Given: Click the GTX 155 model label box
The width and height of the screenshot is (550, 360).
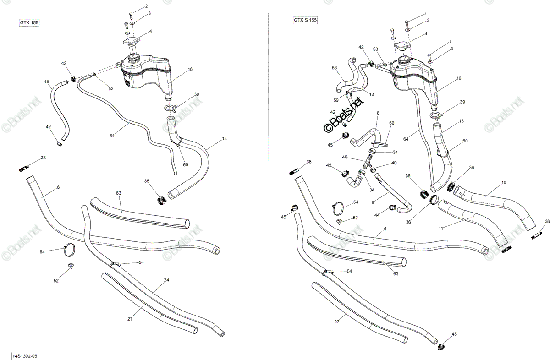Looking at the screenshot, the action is point(29,23).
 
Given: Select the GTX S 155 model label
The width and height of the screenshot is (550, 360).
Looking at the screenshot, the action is point(305,20).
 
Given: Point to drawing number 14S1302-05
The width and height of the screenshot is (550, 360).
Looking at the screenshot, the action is point(25,356).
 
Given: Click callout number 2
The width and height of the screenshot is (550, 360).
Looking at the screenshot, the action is point(146,6).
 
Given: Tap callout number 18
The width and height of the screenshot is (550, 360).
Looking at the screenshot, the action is point(46,82).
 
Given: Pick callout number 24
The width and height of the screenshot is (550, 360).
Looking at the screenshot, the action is point(166,280).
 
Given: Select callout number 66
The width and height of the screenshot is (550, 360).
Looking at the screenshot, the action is point(334,68).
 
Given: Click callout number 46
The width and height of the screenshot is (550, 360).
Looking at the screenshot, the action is point(345,157).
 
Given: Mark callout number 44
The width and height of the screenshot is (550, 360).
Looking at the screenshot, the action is point(377,215).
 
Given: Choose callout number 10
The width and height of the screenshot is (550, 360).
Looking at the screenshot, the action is point(504,183).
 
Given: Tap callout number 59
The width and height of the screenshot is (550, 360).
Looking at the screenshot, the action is point(336,100).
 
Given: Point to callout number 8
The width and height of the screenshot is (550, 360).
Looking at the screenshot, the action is point(378,113).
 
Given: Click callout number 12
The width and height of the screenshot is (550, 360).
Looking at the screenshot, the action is point(372,94).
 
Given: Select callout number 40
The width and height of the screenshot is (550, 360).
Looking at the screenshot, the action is point(394,163).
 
